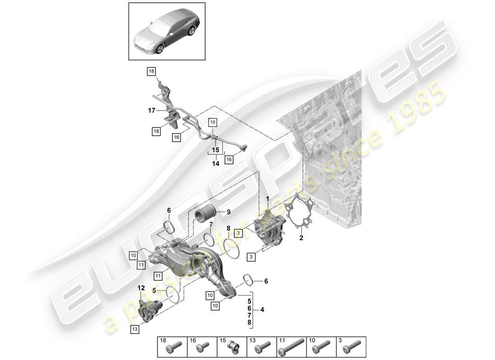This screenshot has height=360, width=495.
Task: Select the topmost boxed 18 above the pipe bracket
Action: (151, 71)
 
